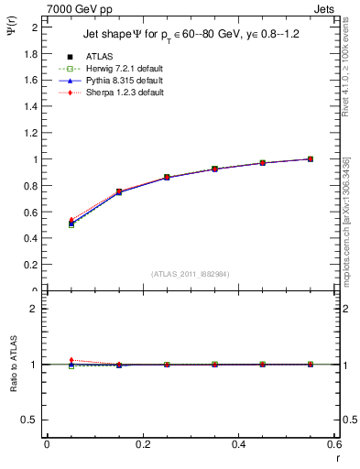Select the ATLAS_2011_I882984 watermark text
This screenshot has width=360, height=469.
(x=190, y=274)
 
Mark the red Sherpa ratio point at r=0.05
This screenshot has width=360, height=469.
(x=71, y=360)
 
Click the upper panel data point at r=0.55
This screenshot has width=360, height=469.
(x=311, y=158)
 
